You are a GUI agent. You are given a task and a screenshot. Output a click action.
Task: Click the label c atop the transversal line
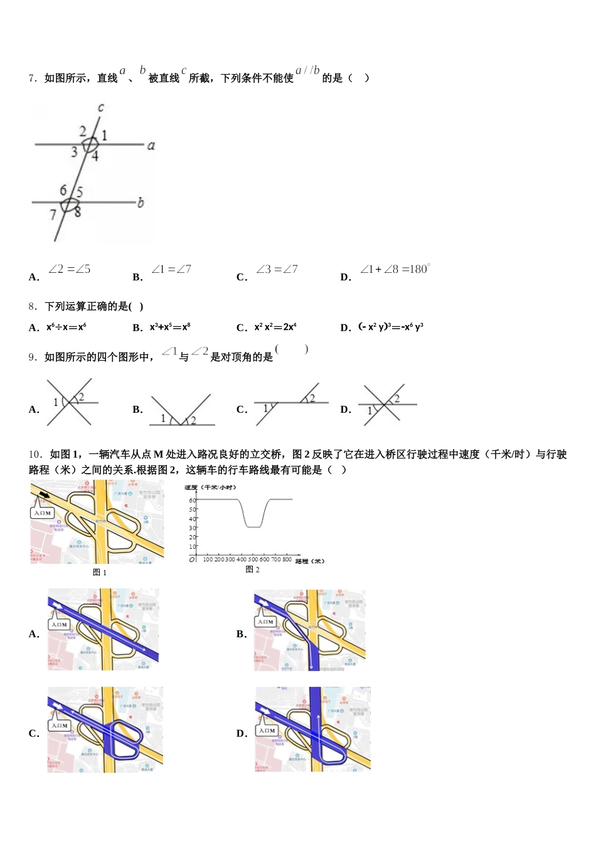(x=100, y=109)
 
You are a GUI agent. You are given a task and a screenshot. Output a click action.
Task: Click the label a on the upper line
(x=151, y=146)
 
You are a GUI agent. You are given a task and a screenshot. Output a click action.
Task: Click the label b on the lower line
(x=141, y=203)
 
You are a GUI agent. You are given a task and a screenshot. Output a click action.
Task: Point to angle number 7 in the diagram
(x=53, y=215)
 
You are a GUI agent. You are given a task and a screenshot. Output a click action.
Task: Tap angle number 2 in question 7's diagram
(x=83, y=131)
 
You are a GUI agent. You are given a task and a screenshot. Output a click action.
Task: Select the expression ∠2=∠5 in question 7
(x=69, y=270)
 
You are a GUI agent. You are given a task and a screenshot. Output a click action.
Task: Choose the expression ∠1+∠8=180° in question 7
(x=395, y=270)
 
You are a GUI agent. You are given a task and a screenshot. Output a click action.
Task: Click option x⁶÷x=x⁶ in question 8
(x=66, y=327)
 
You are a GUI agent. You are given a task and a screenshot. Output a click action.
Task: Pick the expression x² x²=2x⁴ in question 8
(x=275, y=327)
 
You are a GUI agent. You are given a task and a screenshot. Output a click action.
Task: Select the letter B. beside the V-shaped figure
(x=138, y=410)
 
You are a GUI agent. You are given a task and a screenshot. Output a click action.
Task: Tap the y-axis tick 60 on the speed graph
(x=193, y=500)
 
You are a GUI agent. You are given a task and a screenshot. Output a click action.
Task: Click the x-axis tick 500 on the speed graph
(x=253, y=559)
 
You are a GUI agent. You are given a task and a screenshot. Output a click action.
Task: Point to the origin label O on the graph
(x=193, y=559)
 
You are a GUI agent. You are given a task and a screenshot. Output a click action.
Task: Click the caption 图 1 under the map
(x=99, y=573)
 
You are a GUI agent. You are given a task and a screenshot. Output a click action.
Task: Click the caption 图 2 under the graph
(x=253, y=570)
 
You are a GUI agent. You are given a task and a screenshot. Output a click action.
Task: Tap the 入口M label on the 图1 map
(x=43, y=513)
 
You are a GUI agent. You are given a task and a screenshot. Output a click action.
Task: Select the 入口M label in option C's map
(x=60, y=726)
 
